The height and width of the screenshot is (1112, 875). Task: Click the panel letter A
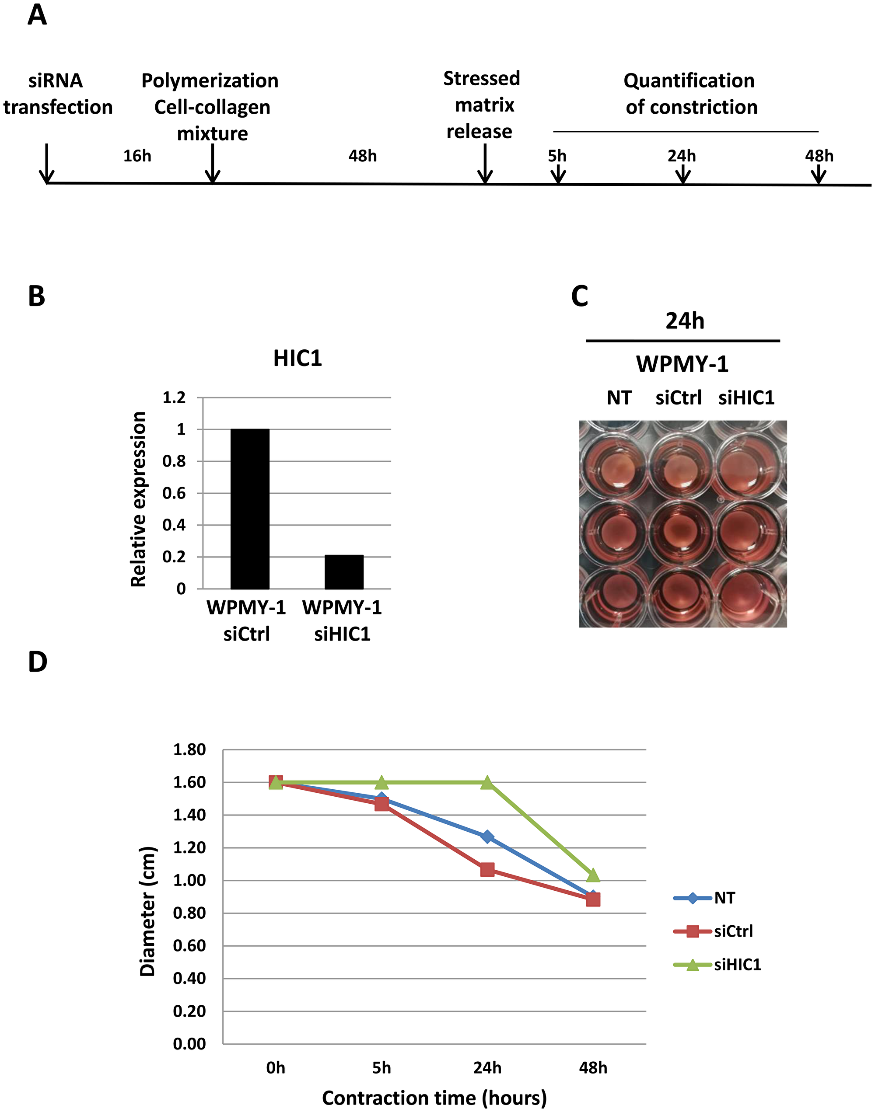(x=37, y=15)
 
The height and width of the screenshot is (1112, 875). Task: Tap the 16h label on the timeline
(x=137, y=156)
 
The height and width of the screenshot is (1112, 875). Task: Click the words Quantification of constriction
(x=690, y=94)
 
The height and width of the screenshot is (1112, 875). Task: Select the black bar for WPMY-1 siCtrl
(x=250, y=509)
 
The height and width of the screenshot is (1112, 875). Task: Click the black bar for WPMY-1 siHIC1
(x=344, y=572)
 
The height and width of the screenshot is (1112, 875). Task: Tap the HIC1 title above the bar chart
(x=297, y=359)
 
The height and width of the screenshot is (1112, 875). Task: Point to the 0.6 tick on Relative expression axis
(x=174, y=493)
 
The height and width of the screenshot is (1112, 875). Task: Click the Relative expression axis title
(x=138, y=499)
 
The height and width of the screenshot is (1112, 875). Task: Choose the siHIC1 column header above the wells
(x=746, y=398)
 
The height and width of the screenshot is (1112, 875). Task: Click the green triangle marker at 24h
(x=487, y=782)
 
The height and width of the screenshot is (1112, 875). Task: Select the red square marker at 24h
(x=487, y=869)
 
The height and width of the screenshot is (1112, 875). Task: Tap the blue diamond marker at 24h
(x=487, y=837)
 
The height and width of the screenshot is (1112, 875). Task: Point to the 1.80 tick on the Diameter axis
(x=189, y=750)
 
